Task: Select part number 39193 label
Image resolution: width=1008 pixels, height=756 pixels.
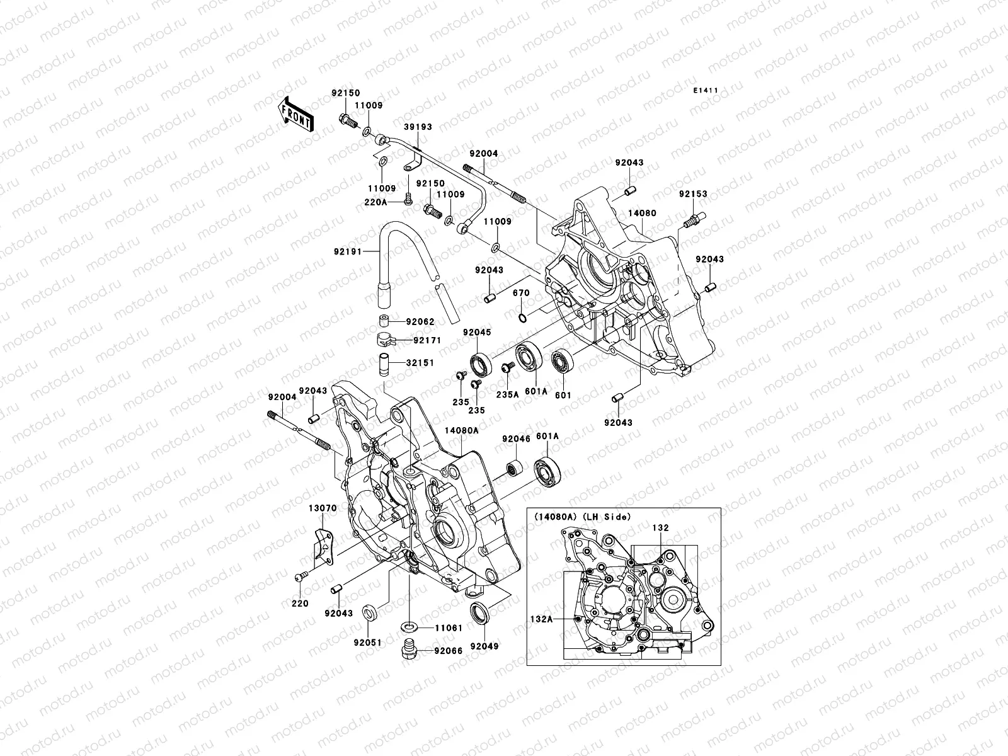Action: pos(418,127)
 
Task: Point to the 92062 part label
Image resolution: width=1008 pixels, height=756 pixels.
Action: pos(420,322)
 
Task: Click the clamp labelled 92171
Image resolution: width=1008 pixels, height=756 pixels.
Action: pos(386,340)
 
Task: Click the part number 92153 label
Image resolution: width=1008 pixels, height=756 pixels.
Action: pos(693,194)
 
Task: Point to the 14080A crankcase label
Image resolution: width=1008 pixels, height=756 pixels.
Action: pos(461,430)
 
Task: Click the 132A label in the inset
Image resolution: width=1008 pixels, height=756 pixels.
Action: pos(540,619)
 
